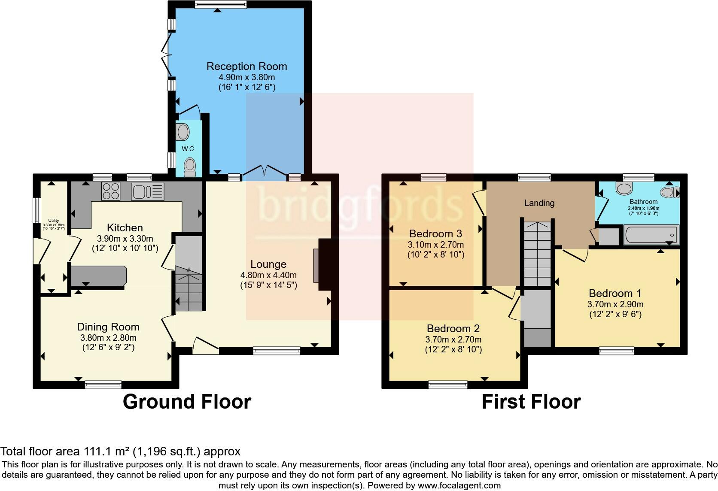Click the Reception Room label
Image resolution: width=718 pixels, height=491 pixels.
pyautogui.click(x=246, y=67)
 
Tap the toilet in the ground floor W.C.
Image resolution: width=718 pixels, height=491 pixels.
pyautogui.click(x=189, y=167)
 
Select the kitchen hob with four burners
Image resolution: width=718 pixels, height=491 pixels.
pyautogui.click(x=111, y=191)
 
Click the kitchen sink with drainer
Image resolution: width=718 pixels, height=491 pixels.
pyautogui.click(x=148, y=191)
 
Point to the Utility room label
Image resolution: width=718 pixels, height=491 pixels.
pyautogui.click(x=54, y=221)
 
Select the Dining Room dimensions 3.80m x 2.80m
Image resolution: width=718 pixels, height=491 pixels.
pyautogui.click(x=108, y=338)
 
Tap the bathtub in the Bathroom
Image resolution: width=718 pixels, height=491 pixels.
pyautogui.click(x=651, y=235)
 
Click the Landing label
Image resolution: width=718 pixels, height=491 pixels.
pyautogui.click(x=539, y=203)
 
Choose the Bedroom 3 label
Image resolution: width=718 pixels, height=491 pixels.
pyautogui.click(x=435, y=234)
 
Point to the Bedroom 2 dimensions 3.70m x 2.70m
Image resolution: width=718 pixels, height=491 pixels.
pyautogui.click(x=453, y=339)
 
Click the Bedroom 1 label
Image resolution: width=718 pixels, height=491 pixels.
pyautogui.click(x=615, y=294)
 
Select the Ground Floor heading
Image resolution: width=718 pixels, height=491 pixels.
pyautogui.click(x=187, y=402)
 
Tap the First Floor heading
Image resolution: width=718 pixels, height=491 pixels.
pyautogui.click(x=531, y=402)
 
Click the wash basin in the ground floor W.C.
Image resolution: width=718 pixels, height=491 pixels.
pyautogui.click(x=183, y=132)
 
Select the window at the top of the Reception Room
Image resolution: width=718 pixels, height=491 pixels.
pyautogui.click(x=220, y=5)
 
